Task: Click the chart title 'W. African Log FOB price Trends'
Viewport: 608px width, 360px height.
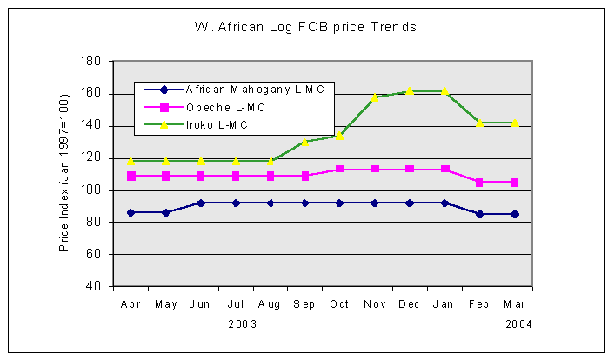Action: [305, 27]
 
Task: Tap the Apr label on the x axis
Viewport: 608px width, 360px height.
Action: [130, 305]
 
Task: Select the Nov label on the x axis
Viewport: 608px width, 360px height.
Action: [374, 305]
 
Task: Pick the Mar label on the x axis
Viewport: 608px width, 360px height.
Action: [513, 305]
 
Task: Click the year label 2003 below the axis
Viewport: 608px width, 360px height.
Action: [243, 323]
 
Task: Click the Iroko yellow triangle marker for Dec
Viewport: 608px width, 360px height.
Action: [409, 90]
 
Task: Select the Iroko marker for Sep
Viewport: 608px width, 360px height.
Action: [304, 142]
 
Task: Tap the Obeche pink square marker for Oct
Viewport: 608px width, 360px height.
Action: [339, 169]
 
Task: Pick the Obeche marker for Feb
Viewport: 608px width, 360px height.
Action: [478, 183]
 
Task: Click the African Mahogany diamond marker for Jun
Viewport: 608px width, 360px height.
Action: [200, 203]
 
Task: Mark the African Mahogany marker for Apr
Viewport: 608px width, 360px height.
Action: [130, 212]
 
